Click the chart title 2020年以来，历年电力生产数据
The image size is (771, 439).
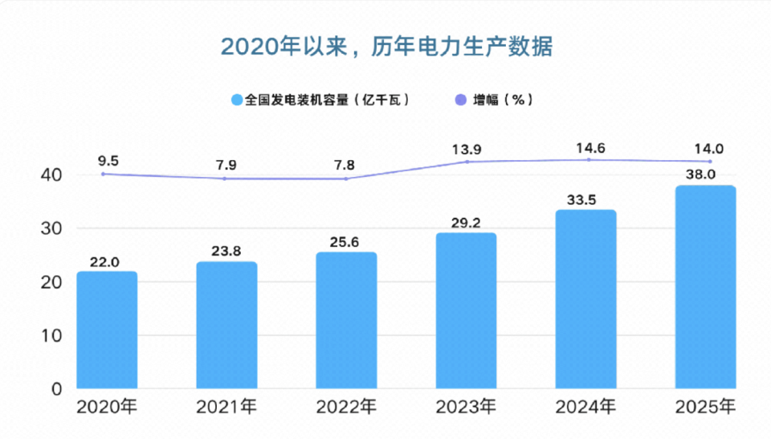(x=385, y=47)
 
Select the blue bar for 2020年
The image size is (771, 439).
(x=107, y=330)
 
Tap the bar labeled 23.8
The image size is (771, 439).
(x=226, y=325)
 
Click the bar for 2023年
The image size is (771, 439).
(x=466, y=310)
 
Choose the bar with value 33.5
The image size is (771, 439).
(x=585, y=299)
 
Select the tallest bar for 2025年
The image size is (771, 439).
(x=705, y=287)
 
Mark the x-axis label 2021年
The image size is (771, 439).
(x=226, y=407)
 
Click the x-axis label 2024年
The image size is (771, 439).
(x=585, y=407)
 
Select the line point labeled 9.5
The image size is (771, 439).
(x=104, y=174)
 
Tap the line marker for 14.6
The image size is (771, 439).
(x=588, y=159)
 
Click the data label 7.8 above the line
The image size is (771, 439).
(x=345, y=165)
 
